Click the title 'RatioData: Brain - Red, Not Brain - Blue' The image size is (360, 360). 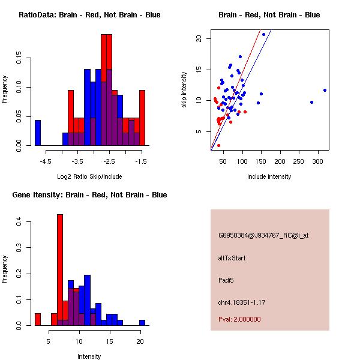pyautogui.click(x=89, y=14)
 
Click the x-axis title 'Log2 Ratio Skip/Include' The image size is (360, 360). pyautogui.click(x=89, y=176)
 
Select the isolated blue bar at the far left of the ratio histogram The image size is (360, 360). pyautogui.click(x=38, y=133)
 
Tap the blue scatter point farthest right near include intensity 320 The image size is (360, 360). pyautogui.click(x=325, y=90)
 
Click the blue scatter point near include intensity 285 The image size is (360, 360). pyautogui.click(x=311, y=102)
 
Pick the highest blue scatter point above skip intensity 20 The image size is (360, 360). pyautogui.click(x=263, y=34)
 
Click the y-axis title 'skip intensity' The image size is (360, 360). pyautogui.click(x=185, y=89)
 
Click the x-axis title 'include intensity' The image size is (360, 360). pyautogui.click(x=269, y=176)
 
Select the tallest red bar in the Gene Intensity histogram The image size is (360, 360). pyautogui.click(x=60, y=269)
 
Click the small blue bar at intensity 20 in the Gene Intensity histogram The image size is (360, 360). pyautogui.click(x=142, y=322)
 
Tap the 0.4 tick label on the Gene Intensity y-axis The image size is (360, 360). pyautogui.click(x=19, y=222)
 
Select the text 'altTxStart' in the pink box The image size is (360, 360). pyautogui.click(x=232, y=258)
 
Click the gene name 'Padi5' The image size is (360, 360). pyautogui.click(x=226, y=280)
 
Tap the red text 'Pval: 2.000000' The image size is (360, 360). pyautogui.click(x=239, y=319)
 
